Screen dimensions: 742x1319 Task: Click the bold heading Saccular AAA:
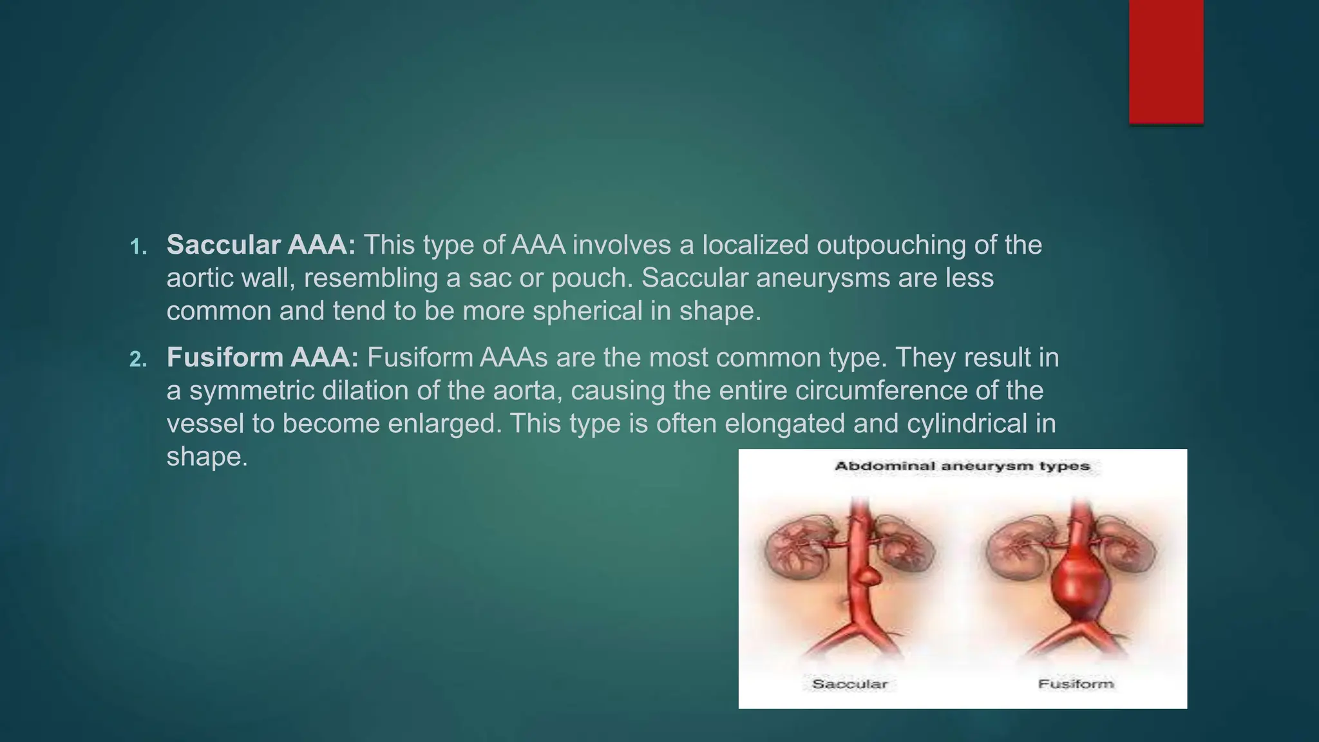pyautogui.click(x=261, y=245)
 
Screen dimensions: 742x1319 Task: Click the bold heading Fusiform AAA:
pyautogui.click(x=262, y=357)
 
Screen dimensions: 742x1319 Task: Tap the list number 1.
pyautogui.click(x=138, y=247)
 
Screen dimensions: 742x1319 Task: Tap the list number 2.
pyautogui.click(x=138, y=359)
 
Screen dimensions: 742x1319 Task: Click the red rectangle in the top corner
pyautogui.click(x=1166, y=61)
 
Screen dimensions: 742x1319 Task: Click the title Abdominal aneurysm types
pyautogui.click(x=962, y=466)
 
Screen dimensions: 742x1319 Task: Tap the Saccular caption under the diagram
pyautogui.click(x=850, y=683)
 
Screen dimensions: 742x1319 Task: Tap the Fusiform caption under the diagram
pyautogui.click(x=1076, y=683)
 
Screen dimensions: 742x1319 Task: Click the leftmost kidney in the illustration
pyautogui.click(x=793, y=547)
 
